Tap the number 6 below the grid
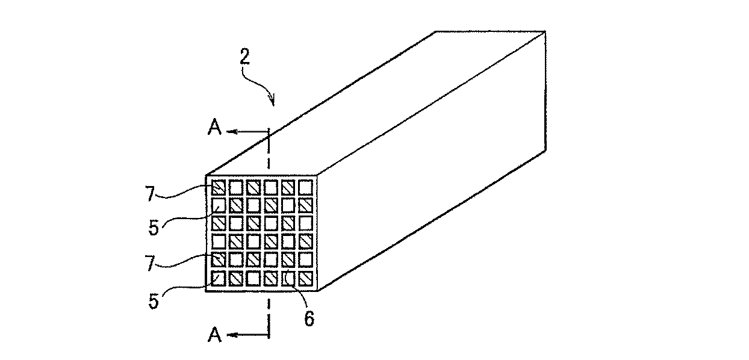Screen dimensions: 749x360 308,319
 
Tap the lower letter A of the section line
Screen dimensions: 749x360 214,335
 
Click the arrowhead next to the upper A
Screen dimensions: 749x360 236,131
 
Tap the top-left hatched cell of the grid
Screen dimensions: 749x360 218,187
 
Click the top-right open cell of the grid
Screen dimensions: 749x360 306,187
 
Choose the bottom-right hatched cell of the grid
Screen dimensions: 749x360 306,279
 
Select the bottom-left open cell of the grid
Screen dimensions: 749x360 218,279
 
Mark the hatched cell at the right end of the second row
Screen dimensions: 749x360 306,205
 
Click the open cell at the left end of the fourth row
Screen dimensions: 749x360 218,242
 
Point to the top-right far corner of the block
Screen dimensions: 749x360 545,32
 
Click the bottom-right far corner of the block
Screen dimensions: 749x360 545,149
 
